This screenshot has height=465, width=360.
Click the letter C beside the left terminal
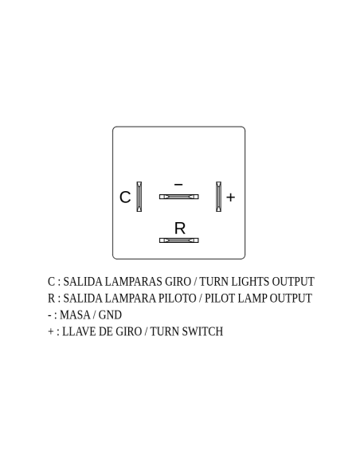125,197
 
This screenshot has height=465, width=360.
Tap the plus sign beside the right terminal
230,197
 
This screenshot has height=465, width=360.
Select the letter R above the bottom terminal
180,228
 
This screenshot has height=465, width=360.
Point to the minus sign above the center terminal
178,185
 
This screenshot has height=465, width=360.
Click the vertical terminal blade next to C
139,197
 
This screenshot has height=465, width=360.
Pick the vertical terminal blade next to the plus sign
218,197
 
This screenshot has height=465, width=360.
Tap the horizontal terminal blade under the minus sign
179,197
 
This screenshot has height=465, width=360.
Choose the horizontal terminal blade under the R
179,240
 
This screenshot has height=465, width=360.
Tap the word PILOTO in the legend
177,299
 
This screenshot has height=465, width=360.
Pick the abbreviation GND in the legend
110,315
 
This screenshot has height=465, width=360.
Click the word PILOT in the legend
220,299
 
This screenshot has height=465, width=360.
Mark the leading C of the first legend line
51,282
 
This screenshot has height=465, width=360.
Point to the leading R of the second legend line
51,299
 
